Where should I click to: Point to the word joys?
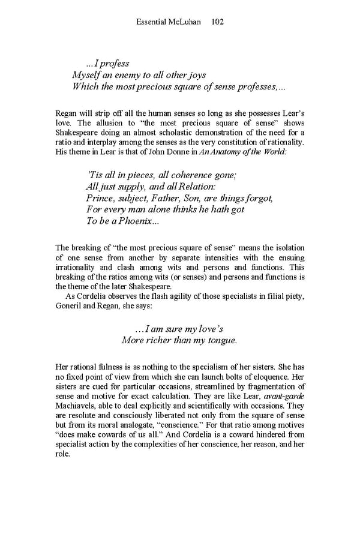pos(196,75)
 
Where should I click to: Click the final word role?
pos(62,454)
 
